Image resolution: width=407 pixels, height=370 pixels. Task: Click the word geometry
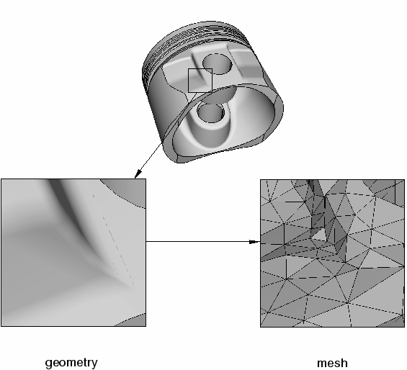click(71, 363)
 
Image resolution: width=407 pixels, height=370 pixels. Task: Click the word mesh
click(332, 363)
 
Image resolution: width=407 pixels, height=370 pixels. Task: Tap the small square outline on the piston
click(200, 69)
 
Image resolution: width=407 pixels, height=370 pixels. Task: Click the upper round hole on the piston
click(217, 64)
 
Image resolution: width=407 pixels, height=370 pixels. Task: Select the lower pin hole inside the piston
click(211, 112)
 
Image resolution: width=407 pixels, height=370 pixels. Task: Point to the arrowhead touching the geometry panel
click(138, 174)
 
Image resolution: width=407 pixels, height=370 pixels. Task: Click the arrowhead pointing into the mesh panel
click(254, 242)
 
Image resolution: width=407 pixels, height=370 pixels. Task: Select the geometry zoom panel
click(73, 253)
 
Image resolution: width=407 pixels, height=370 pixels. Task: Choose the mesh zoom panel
click(333, 253)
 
